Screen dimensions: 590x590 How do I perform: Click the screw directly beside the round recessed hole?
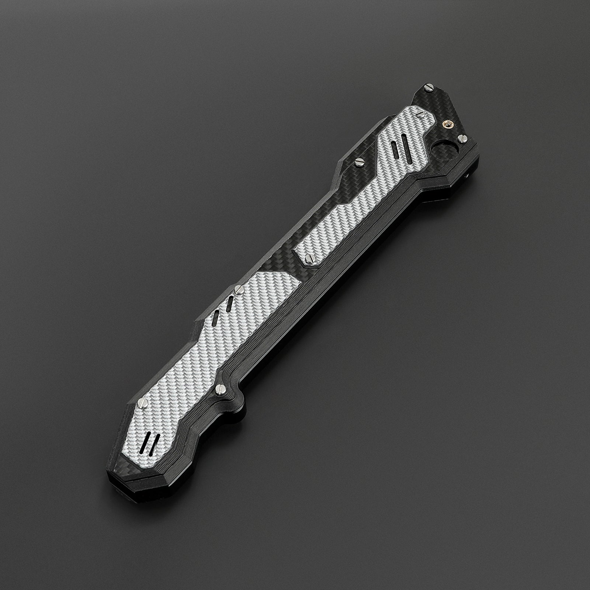click(462, 138)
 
